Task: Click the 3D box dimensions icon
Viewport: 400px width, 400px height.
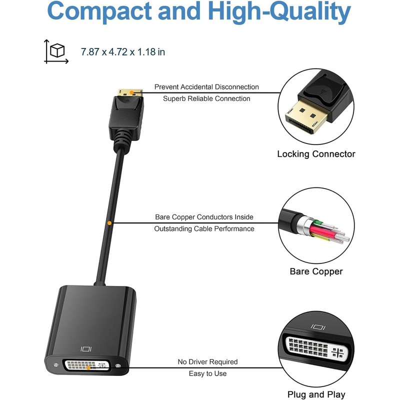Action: pos(56,51)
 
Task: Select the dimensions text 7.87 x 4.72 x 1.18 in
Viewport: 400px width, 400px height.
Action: pos(123,51)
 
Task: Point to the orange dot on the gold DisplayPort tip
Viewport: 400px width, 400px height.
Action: pos(130,92)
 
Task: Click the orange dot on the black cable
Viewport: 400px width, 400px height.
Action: pos(109,222)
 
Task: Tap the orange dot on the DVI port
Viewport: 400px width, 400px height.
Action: pos(89,367)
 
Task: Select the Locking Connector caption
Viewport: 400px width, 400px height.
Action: pos(316,154)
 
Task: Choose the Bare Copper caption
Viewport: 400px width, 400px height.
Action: pos(316,271)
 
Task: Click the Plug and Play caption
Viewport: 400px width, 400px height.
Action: pos(316,394)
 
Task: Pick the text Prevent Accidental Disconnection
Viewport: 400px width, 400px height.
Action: pos(206,87)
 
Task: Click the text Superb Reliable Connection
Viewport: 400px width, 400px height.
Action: pos(206,98)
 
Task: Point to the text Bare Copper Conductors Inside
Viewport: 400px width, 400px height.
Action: pos(204,217)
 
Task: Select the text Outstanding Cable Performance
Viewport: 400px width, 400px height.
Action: pos(204,228)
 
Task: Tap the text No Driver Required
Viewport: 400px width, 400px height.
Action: pos(207,361)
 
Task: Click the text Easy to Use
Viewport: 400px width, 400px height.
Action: pos(207,373)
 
